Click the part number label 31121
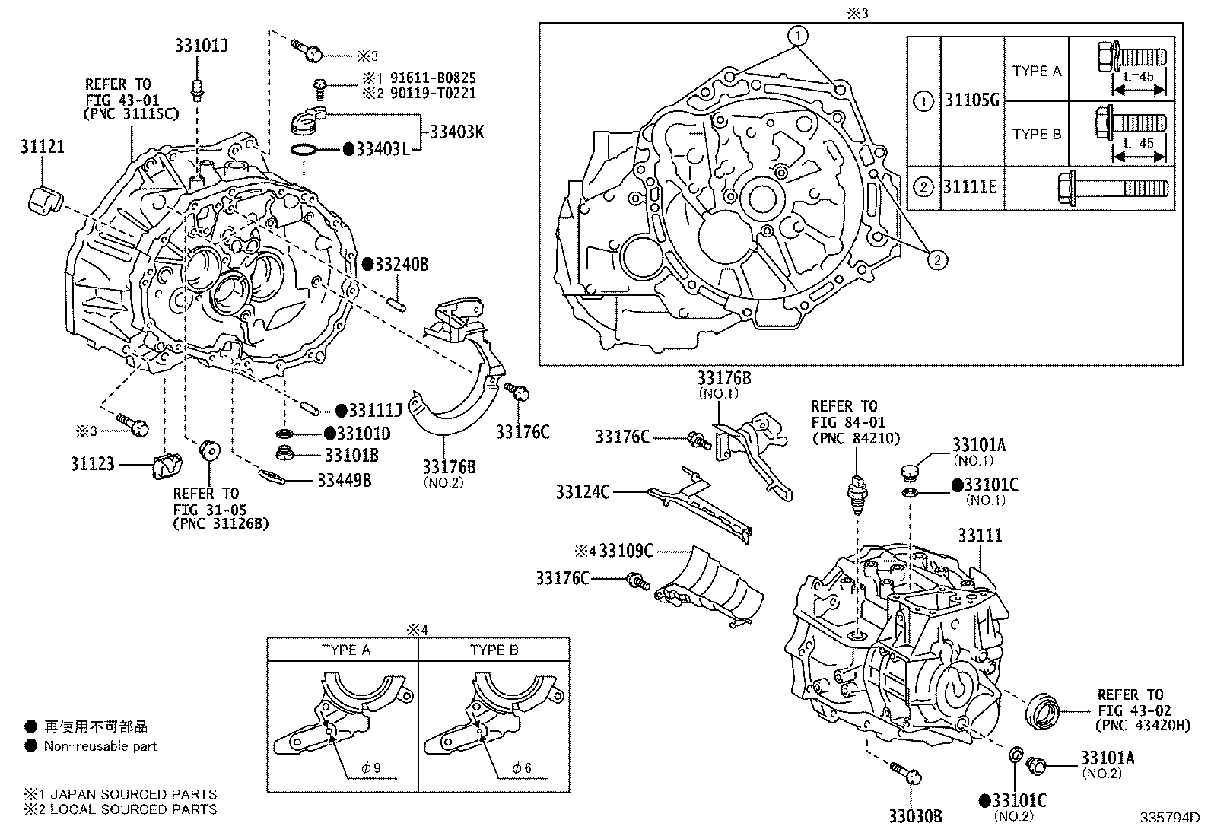click(42, 147)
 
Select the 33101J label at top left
click(202, 46)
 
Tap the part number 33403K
click(457, 132)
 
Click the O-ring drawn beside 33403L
click(304, 149)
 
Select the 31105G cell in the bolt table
click(971, 100)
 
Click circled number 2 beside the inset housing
click(937, 261)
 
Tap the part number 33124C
click(583, 492)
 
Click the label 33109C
click(626, 550)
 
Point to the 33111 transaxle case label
click(980, 536)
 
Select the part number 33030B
click(916, 816)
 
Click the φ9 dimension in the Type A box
click(370, 768)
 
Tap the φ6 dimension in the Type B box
click(521, 768)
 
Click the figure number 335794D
click(1168, 819)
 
